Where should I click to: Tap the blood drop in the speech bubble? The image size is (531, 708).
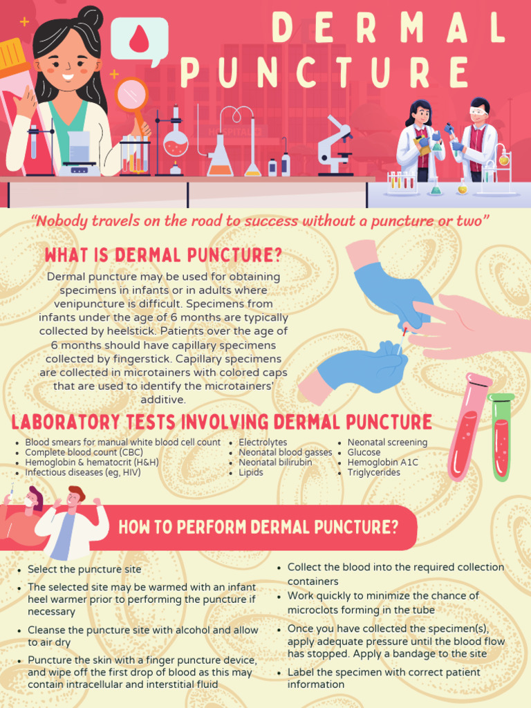pyautogui.click(x=139, y=40)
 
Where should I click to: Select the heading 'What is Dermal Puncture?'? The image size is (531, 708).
pyautogui.click(x=163, y=255)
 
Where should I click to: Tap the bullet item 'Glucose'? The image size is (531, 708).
pyautogui.click(x=364, y=452)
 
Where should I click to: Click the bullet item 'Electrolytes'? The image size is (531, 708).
pyautogui.click(x=263, y=442)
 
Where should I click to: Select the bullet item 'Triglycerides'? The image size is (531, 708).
pyautogui.click(x=373, y=473)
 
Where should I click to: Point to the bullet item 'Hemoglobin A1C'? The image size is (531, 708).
pyautogui.click(x=382, y=463)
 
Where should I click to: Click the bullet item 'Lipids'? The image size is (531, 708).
pyautogui.click(x=251, y=473)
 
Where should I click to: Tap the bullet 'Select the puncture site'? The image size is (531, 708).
pyautogui.click(x=84, y=570)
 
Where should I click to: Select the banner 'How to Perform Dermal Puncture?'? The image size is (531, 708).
pyautogui.click(x=258, y=528)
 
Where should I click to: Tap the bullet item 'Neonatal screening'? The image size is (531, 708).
pyautogui.click(x=387, y=442)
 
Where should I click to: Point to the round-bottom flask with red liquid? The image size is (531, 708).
pyautogui.click(x=176, y=144)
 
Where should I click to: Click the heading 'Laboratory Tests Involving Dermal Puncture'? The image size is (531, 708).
pyautogui.click(x=221, y=422)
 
